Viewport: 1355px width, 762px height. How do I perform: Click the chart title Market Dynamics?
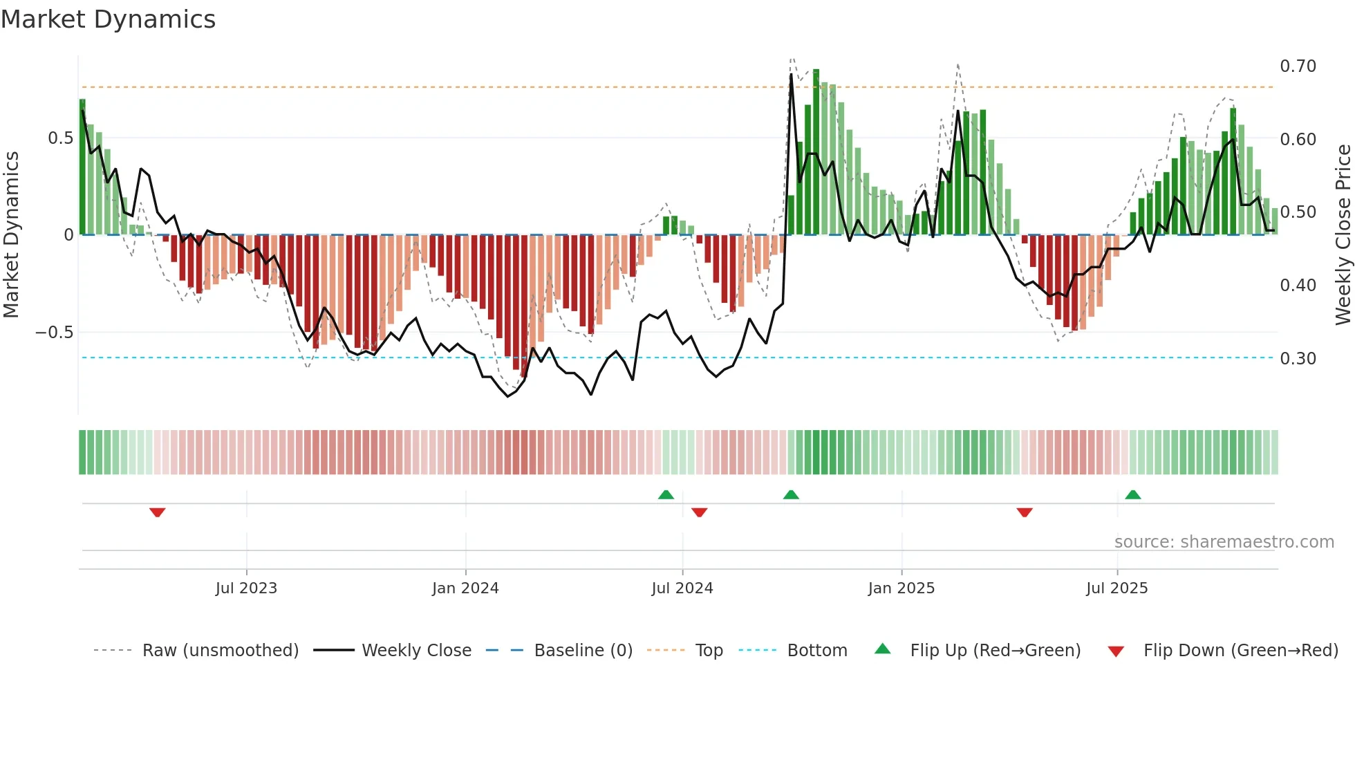109,19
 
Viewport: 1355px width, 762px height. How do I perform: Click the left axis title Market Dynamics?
12,235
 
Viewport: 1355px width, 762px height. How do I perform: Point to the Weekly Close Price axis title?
1343,235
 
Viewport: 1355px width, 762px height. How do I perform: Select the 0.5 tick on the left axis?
60,138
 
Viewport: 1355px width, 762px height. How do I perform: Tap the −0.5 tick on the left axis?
55,333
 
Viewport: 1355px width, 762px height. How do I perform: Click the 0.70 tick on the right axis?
1298,66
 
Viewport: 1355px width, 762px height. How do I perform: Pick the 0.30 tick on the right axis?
1298,359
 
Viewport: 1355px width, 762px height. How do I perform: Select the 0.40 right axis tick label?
1298,286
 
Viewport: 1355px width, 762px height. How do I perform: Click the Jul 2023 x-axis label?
246,588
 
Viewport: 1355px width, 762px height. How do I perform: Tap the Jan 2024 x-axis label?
465,588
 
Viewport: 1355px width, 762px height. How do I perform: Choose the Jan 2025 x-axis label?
901,588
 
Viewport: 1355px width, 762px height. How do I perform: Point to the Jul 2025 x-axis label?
1116,588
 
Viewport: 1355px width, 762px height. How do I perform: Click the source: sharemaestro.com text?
1224,542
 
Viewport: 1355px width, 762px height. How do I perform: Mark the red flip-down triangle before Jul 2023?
158,512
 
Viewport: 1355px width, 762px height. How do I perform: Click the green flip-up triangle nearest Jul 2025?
1132,494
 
